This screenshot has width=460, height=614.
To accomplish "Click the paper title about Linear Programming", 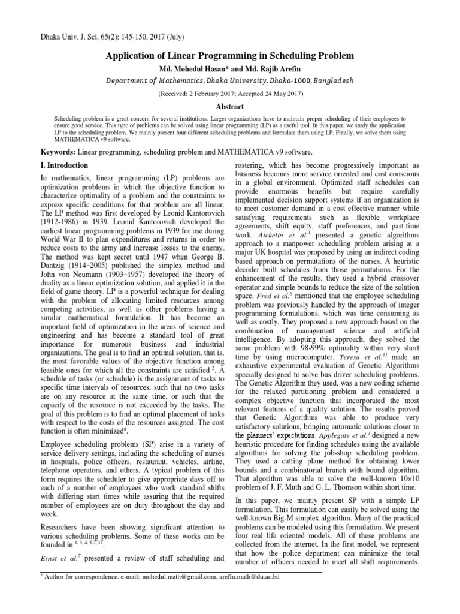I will click(x=230, y=56).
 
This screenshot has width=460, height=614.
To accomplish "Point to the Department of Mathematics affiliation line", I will click(x=230, y=80).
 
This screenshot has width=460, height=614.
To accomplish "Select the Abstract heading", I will click(x=230, y=106).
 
